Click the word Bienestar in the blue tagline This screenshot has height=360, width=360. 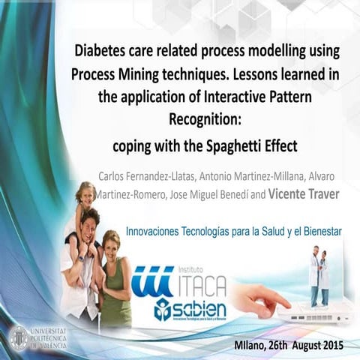(317, 232)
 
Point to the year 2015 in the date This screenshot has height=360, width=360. (331, 346)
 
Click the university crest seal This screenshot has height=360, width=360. (17, 337)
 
